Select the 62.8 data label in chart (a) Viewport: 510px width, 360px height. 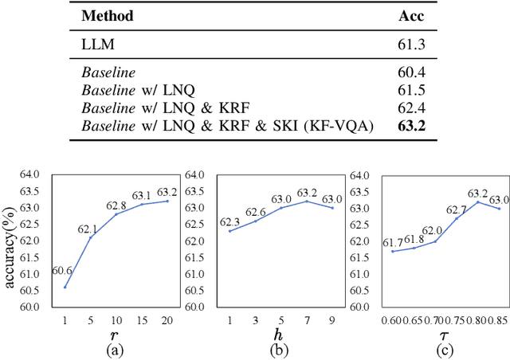(x=117, y=205)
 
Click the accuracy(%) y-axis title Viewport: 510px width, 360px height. (x=10, y=241)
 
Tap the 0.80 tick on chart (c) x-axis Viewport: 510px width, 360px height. (x=478, y=319)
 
